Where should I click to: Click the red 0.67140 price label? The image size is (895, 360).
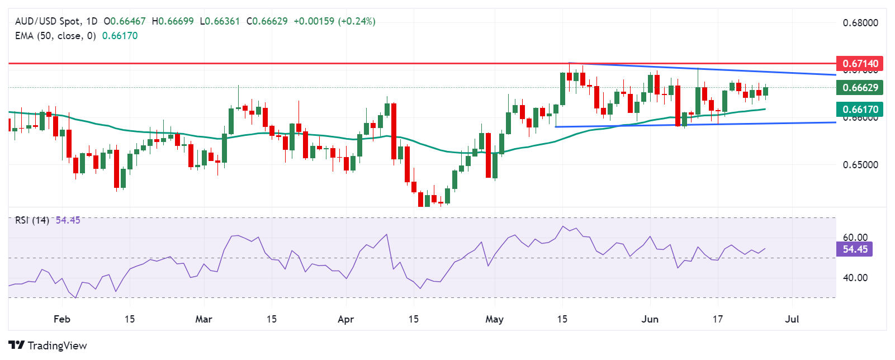[860, 64]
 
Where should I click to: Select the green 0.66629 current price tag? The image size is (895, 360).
[860, 87]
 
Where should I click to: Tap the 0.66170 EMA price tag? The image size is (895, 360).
[860, 109]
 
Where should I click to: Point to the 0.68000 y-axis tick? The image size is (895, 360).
[860, 23]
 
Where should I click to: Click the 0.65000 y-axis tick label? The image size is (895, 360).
[860, 165]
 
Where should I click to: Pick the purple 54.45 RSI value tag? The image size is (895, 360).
[855, 249]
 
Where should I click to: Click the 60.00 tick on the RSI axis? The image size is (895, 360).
[855, 238]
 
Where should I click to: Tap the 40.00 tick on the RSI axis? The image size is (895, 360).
[855, 278]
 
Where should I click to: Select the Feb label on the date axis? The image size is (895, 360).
[61, 319]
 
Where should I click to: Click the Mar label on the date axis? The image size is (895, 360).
[203, 319]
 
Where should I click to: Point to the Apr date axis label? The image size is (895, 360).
[346, 319]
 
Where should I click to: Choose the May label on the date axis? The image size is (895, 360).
[494, 319]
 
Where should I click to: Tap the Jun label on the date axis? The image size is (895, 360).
[650, 319]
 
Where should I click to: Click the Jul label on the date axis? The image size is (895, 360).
[792, 319]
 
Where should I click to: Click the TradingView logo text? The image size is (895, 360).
[56, 345]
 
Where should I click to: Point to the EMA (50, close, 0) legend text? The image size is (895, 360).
[55, 36]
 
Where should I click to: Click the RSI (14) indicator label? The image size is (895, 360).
[32, 220]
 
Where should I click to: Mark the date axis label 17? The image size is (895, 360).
[717, 319]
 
